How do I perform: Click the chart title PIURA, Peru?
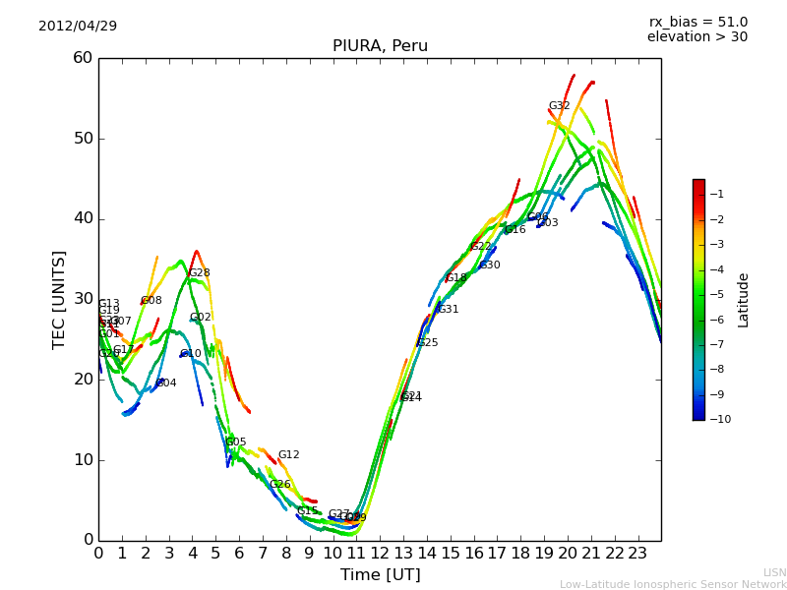click(x=380, y=46)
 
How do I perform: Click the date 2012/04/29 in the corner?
click(x=78, y=26)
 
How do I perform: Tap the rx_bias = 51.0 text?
click(x=697, y=22)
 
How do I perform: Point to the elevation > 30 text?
click(x=696, y=37)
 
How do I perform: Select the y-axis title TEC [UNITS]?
click(x=59, y=299)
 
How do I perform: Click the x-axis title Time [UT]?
click(x=380, y=574)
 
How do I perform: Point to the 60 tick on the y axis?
click(x=83, y=58)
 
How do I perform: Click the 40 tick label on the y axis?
click(x=83, y=218)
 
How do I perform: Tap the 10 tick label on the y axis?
click(x=83, y=459)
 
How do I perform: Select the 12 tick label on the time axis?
click(x=380, y=552)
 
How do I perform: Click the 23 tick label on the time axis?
click(x=637, y=552)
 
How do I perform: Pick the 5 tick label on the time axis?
click(x=215, y=552)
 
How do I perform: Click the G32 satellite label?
click(x=559, y=106)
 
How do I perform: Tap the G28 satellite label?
click(x=199, y=273)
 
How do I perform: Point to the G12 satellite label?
click(x=288, y=455)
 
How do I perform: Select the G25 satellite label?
click(x=427, y=343)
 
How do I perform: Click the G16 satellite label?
click(x=515, y=230)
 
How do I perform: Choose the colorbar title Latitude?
click(x=744, y=299)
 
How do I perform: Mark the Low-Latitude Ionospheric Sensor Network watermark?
click(x=673, y=584)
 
